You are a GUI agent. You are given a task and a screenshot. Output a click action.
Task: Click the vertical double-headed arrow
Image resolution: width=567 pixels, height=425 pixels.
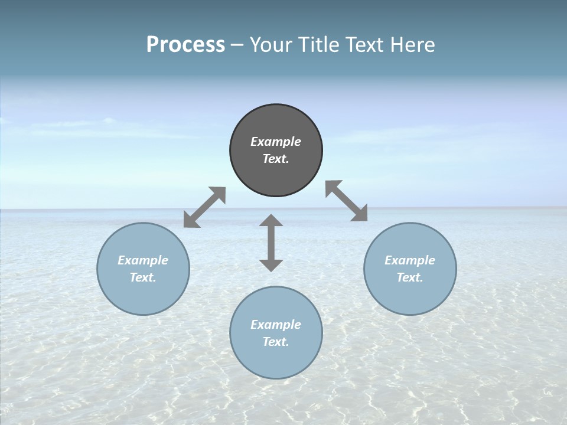click(271, 243)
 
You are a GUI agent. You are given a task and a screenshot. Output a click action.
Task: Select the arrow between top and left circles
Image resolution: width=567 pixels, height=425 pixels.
click(204, 207)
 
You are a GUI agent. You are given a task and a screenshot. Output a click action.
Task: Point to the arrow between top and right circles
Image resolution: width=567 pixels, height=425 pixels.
click(346, 201)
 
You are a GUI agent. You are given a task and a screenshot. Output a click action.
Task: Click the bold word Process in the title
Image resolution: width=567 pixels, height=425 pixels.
click(185, 45)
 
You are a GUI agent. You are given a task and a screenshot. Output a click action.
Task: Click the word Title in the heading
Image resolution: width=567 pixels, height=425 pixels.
click(321, 45)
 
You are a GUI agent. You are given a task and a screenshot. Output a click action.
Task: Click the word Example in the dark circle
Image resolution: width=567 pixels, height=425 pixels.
click(276, 142)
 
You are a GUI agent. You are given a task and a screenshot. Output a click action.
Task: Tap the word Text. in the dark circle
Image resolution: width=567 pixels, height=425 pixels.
click(276, 159)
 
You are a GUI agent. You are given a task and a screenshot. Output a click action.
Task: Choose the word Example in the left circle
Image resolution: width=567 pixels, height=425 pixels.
click(143, 260)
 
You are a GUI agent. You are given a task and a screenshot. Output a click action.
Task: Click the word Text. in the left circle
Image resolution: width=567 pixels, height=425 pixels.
click(143, 277)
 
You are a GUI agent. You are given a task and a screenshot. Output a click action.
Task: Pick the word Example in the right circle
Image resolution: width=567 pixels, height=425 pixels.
click(410, 260)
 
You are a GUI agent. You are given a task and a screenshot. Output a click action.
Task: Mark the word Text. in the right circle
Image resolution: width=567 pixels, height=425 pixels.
click(410, 277)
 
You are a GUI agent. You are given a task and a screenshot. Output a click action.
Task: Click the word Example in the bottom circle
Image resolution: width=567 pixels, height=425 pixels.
click(276, 325)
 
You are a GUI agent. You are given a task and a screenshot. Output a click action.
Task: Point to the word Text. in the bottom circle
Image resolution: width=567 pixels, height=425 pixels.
click(276, 342)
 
